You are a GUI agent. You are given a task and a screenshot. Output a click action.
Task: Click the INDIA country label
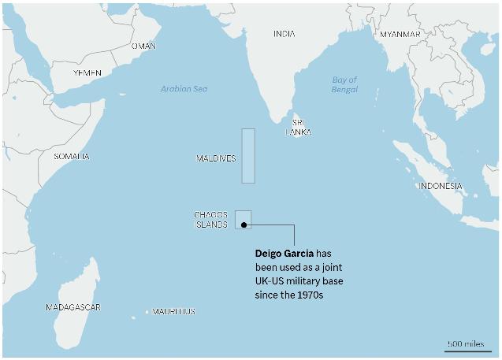[284, 34]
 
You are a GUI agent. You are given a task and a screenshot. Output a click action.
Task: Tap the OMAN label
[143, 46]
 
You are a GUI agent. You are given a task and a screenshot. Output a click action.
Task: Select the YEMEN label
[87, 72]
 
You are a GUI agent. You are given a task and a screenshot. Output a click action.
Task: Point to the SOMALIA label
[72, 157]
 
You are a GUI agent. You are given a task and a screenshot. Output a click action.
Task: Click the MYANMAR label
[400, 35]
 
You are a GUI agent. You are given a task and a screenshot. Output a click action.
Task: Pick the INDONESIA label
[441, 186]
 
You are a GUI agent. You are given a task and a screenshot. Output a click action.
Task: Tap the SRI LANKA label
[298, 128]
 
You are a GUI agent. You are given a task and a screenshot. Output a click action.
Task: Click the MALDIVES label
[216, 159]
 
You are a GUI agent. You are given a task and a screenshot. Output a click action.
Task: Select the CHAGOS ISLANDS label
[211, 219]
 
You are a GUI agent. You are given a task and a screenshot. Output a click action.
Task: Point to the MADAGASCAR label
[73, 307]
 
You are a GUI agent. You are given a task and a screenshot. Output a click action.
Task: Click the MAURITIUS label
[173, 312]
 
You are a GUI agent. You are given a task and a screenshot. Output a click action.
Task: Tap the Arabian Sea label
[184, 89]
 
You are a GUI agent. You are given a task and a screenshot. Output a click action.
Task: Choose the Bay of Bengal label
[344, 85]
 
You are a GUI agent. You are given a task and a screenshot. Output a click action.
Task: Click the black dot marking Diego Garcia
[244, 225]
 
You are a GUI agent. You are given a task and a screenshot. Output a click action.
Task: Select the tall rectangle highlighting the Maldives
[248, 155]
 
